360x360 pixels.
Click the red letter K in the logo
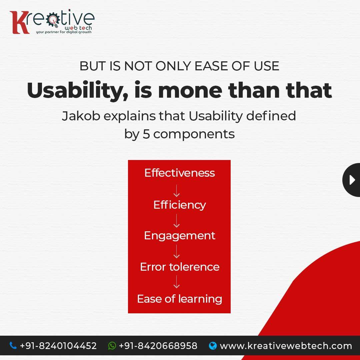[19, 23]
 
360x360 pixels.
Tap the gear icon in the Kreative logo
[53, 19]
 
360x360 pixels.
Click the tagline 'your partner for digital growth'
[64, 32]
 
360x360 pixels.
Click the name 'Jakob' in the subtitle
[81, 116]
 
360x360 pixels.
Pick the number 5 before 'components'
[146, 134]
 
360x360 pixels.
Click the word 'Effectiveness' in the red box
[180, 173]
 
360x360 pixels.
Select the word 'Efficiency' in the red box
[180, 205]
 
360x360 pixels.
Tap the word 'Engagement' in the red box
[180, 236]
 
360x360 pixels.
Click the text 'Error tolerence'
[180, 267]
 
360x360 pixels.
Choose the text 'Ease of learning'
[180, 299]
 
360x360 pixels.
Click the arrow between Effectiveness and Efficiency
[177, 191]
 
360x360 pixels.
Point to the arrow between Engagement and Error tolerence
[177, 251]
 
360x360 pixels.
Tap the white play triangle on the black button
[352, 180]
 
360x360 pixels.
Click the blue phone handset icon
[13, 345]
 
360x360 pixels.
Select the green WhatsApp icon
[112, 346]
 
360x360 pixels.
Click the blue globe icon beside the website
[213, 346]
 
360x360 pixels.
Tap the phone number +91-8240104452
[58, 346]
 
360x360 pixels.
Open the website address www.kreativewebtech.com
[286, 346]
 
